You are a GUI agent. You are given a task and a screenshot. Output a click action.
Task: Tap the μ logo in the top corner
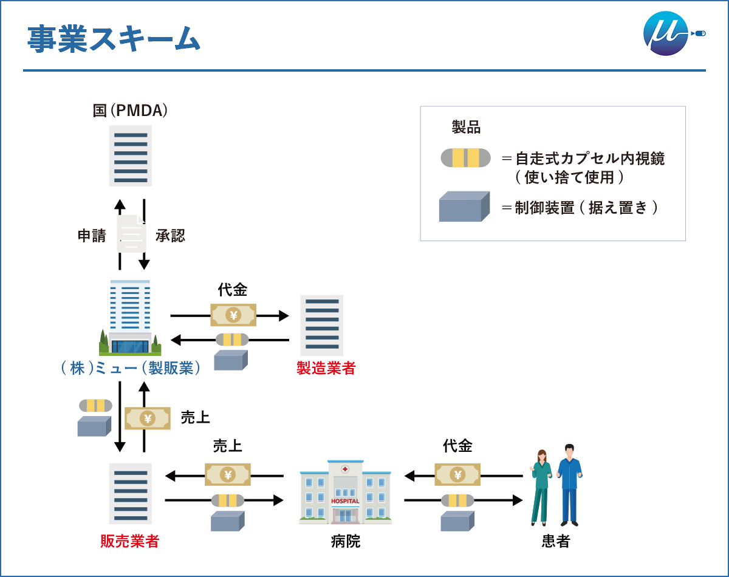tap(666, 33)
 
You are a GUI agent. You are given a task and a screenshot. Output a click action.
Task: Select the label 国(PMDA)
tap(130, 111)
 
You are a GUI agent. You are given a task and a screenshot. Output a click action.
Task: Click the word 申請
tap(92, 236)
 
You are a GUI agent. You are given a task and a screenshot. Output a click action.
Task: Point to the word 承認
tap(170, 236)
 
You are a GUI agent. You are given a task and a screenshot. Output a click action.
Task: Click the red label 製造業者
tap(326, 368)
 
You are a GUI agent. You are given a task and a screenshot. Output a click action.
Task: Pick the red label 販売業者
tap(129, 541)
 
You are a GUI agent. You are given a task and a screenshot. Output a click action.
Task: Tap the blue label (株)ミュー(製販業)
tap(131, 368)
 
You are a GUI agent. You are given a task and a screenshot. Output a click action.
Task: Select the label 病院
tap(346, 541)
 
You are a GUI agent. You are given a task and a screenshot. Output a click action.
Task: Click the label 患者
tap(556, 541)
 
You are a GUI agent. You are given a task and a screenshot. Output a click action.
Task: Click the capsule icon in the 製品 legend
tap(465, 158)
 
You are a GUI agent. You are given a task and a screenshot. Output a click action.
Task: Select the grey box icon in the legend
tap(464, 207)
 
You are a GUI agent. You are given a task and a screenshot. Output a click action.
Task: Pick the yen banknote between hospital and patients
tap(457, 474)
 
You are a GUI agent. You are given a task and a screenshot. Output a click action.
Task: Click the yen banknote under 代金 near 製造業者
tap(233, 315)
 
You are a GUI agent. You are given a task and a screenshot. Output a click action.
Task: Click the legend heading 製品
tap(466, 127)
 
